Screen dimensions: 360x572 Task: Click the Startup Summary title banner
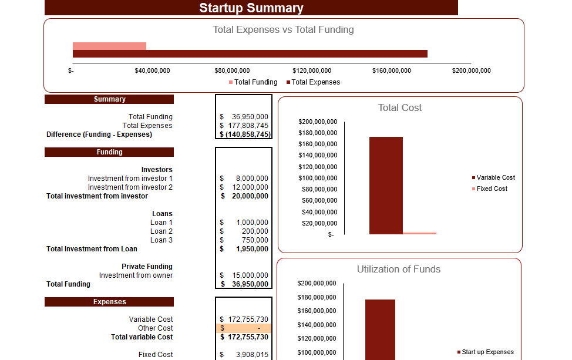tap(251, 8)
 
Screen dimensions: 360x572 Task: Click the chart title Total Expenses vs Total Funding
tap(283, 29)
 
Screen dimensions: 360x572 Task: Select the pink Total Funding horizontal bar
tap(109, 46)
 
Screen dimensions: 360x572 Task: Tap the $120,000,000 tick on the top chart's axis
tap(312, 70)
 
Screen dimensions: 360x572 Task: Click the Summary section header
tap(109, 99)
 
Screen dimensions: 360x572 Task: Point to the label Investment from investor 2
tap(130, 187)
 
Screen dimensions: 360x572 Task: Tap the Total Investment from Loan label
tap(92, 249)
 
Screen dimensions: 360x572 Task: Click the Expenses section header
tap(109, 302)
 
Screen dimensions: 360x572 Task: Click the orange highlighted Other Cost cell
tap(244, 328)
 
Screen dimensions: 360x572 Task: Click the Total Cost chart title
tap(399, 108)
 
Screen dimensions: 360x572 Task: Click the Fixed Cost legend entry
tap(492, 189)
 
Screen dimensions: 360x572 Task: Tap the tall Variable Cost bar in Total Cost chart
tap(386, 185)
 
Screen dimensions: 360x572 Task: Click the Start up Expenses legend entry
tap(487, 352)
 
